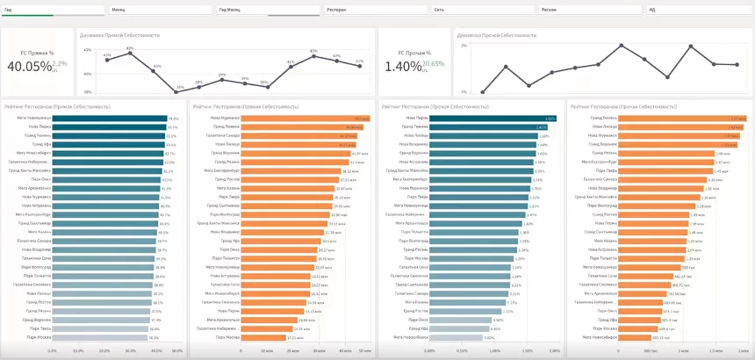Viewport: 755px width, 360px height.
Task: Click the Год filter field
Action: coord(53,10)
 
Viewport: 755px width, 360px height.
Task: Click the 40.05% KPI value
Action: coord(29,67)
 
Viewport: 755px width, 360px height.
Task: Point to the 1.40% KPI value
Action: coord(403,67)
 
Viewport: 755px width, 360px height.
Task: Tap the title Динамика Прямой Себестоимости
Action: coord(119,35)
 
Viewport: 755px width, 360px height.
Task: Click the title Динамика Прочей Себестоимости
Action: coord(497,35)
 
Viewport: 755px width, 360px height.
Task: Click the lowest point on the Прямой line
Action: coord(179,88)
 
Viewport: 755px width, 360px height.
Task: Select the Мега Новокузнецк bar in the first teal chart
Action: coord(111,119)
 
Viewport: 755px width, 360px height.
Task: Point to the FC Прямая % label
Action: coord(39,53)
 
